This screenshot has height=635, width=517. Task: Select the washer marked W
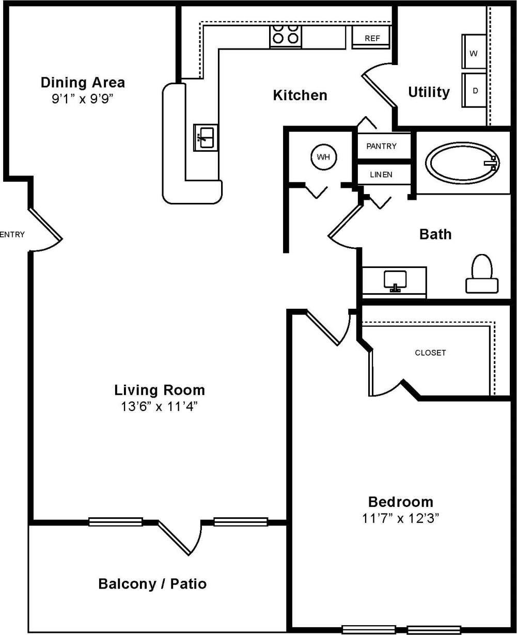[x=474, y=53]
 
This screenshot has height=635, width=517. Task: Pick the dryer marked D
[x=474, y=90]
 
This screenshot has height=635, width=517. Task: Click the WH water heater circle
[x=323, y=156]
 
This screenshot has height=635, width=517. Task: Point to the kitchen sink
[x=206, y=138]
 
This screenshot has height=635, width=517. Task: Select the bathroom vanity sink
[x=395, y=280]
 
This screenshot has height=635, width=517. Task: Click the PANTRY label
[x=381, y=146]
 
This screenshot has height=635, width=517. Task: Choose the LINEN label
[x=381, y=174]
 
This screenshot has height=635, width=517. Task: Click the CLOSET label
[x=430, y=353]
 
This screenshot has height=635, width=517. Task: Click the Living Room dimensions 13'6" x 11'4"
[x=160, y=406]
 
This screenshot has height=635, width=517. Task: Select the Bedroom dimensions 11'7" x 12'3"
[x=400, y=519]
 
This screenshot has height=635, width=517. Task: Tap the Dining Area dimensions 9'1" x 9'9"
[x=82, y=99]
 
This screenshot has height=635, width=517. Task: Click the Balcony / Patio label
[x=152, y=584]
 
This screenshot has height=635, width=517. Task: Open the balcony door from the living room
[x=179, y=537]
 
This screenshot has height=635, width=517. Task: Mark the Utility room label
[x=429, y=92]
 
